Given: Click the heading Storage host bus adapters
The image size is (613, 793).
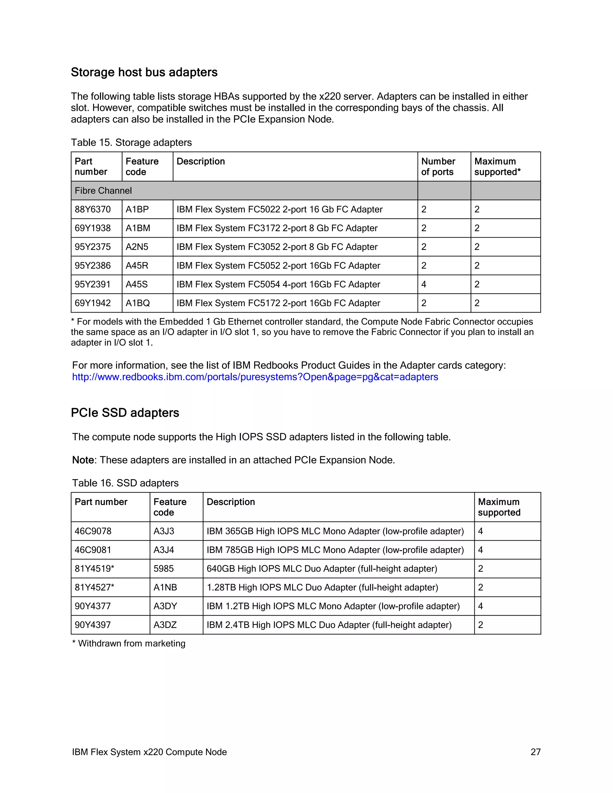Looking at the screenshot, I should tap(144, 72).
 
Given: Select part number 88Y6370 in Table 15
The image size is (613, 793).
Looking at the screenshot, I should tap(92, 209).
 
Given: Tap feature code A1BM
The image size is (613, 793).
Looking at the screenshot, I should tap(138, 228).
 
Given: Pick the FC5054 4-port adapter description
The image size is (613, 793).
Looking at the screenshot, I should tap(278, 284).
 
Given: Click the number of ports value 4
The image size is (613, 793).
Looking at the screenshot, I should tap(424, 284).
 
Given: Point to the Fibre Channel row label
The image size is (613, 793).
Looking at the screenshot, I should tap(103, 191).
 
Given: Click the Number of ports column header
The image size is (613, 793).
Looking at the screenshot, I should tap(438, 166).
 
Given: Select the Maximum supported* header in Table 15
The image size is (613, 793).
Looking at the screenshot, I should tap(497, 166).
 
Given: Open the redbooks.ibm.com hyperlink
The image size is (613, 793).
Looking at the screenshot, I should tap(255, 377).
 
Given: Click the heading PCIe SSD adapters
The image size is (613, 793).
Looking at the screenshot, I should tap(125, 413).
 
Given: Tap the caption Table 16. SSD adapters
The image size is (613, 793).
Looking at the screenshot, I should tap(125, 483).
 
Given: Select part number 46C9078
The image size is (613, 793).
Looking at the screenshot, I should tap(93, 531).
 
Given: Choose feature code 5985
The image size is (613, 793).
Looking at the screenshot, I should tap(163, 569).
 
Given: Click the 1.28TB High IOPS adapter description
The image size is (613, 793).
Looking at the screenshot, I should tap(322, 587).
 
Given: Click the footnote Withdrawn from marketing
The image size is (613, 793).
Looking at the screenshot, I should tap(129, 643).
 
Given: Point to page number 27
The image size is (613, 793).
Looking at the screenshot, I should tap(535, 752).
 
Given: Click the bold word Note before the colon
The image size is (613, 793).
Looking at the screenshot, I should tap(83, 460).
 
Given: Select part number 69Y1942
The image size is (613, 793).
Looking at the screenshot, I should tap(92, 303).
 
